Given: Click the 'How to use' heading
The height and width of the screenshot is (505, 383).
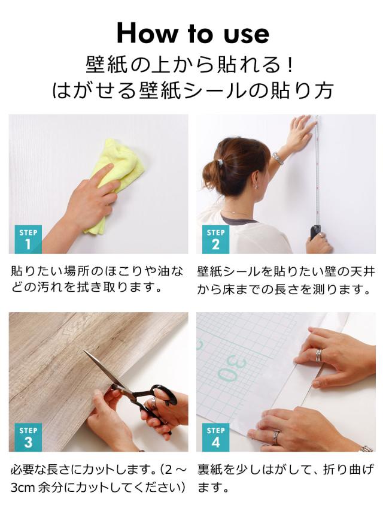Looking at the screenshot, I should (192, 32).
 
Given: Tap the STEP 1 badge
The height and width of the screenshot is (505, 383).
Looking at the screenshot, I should (28, 239).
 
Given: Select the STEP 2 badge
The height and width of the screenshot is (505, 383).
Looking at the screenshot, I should (215, 239).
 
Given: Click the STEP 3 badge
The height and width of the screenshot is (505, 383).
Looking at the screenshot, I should (28, 437).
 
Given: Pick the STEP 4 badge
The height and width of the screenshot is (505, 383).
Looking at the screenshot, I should (215, 437).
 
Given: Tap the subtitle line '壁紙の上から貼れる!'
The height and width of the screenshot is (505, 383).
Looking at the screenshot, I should (192, 63).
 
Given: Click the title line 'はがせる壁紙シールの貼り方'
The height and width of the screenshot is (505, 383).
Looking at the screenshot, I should (192, 90).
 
